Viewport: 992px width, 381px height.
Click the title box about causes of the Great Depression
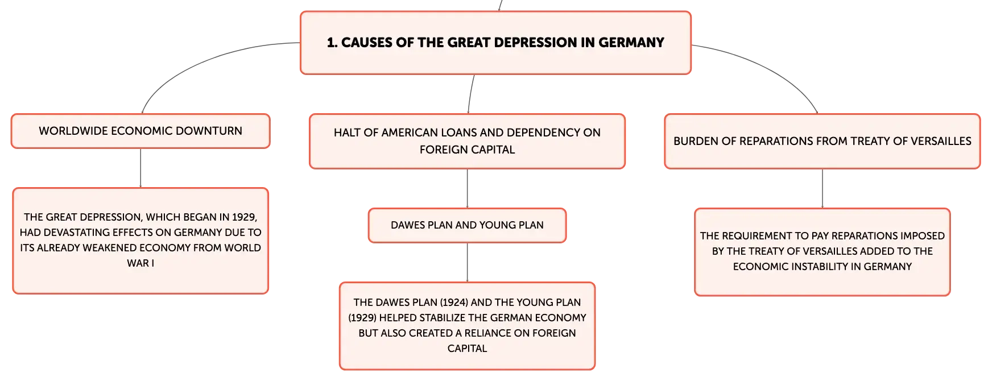[x=495, y=43]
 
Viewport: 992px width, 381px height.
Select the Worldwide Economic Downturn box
[x=140, y=131]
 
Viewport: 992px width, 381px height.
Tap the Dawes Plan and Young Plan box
[x=467, y=225]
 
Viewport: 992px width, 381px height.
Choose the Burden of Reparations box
[x=822, y=141]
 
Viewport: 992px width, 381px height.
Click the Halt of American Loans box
[x=467, y=141]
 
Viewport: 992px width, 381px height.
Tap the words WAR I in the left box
[x=140, y=263]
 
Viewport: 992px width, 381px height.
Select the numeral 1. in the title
[x=332, y=43]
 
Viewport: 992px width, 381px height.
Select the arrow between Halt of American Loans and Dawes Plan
[x=467, y=189]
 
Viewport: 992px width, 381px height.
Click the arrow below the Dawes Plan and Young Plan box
[x=467, y=263]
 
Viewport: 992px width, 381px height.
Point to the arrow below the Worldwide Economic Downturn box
[x=140, y=168]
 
